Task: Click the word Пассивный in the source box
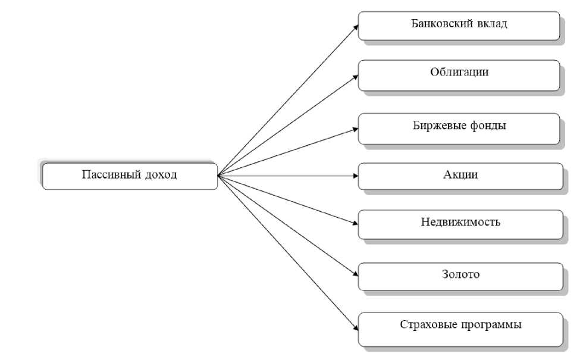pos(111,175)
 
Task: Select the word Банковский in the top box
pos(441,24)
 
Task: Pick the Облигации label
pos(459,72)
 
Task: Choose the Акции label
pos(460,175)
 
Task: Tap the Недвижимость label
pos(460,222)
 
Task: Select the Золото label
pos(460,274)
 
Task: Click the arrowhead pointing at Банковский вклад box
pos(356,27)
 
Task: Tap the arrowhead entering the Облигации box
pos(355,77)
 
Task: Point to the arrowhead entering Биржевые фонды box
pos(355,129)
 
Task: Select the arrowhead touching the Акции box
pos(355,176)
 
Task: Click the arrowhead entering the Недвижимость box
pos(355,223)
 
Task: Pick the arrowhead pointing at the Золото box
pos(355,275)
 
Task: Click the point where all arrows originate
pos(218,176)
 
